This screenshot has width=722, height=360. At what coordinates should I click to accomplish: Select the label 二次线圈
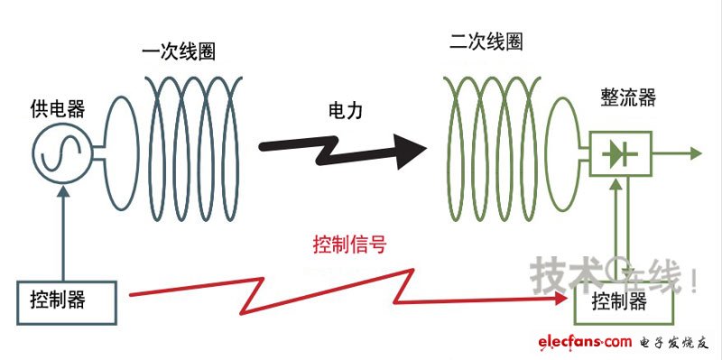coord(486,42)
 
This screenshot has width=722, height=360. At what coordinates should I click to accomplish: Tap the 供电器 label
coord(57,109)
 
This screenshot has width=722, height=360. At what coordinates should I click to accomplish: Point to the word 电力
coord(346,112)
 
